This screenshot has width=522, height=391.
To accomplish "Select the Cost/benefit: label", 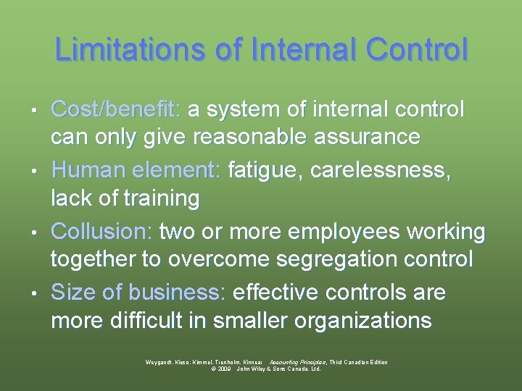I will [x=116, y=110].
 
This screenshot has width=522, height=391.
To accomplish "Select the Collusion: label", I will [x=101, y=232].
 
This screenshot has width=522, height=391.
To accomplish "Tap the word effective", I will [x=278, y=293].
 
